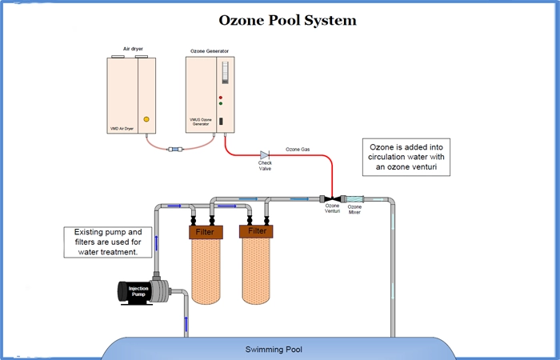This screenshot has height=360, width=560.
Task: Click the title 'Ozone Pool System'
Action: tap(287, 20)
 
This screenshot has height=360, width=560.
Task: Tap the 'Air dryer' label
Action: tap(133, 49)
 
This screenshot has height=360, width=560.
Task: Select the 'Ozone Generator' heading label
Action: tap(210, 50)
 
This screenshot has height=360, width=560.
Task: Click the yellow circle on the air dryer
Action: tap(146, 119)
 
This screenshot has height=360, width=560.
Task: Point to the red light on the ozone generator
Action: tap(220, 97)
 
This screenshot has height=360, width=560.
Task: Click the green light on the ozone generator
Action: tap(220, 104)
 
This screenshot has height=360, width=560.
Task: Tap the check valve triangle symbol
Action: tap(264, 154)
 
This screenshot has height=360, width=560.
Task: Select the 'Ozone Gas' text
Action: tap(299, 149)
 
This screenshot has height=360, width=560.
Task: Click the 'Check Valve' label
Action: tap(265, 166)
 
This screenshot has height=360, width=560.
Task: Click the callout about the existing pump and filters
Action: tap(102, 242)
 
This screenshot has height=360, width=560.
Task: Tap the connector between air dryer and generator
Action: tap(174, 149)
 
